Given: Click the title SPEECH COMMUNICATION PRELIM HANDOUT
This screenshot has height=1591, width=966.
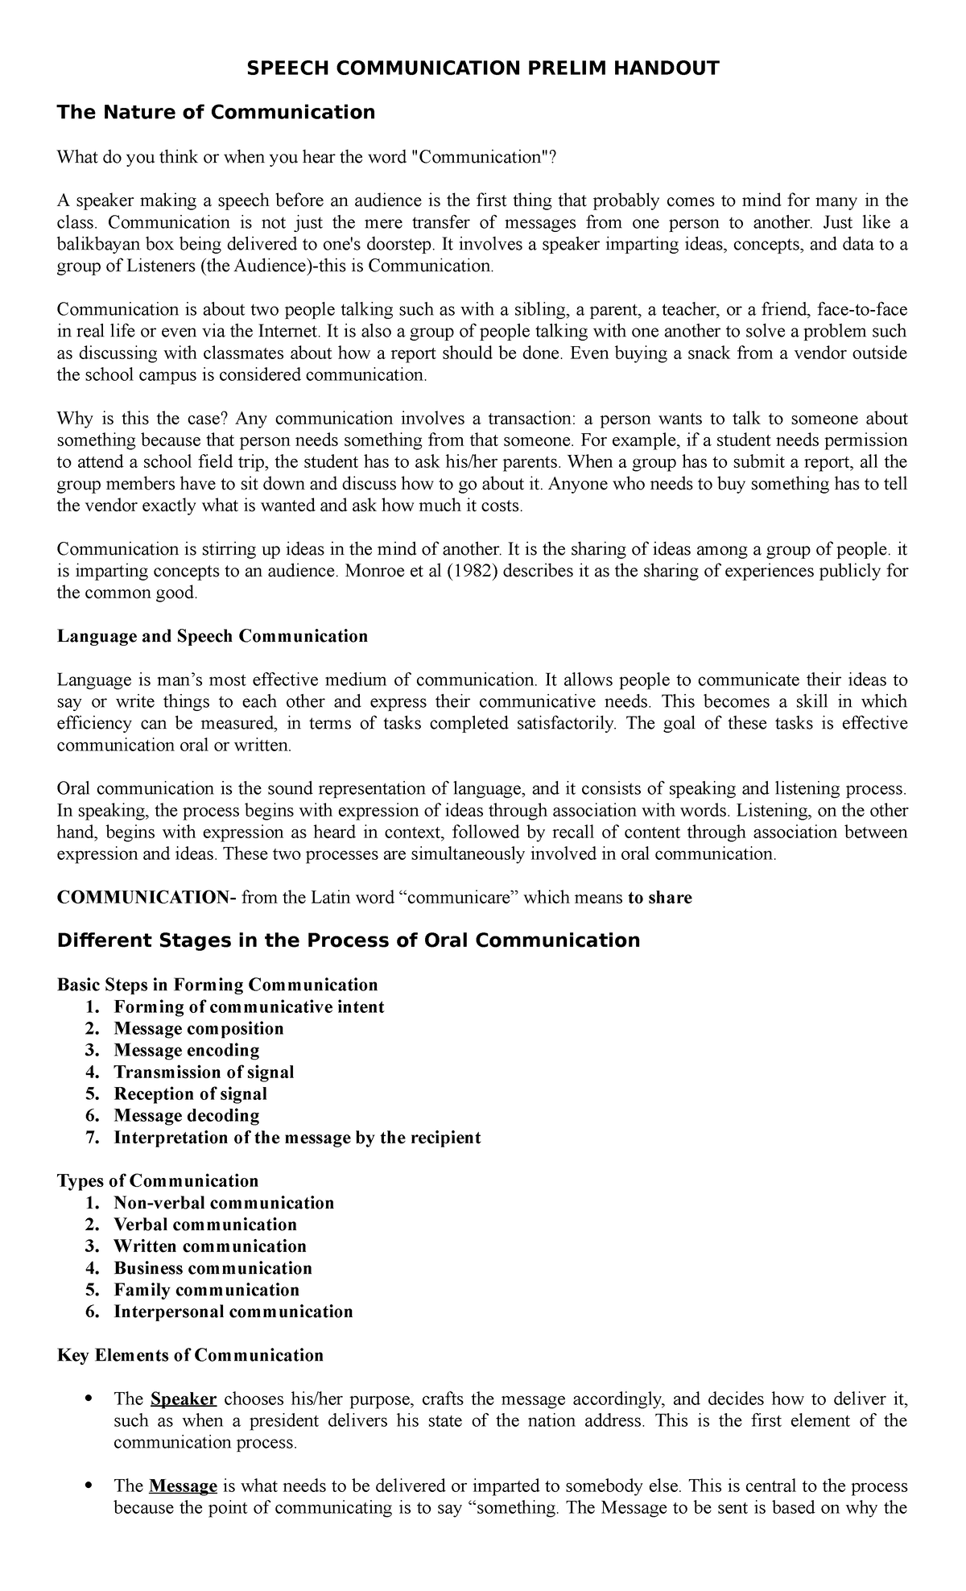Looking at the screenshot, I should click(x=482, y=68).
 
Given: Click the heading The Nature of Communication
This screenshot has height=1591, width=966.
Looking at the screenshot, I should click(x=216, y=112).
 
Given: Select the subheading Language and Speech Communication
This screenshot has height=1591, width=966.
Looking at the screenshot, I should click(x=213, y=636).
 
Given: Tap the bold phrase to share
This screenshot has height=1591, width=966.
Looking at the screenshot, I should click(x=659, y=898).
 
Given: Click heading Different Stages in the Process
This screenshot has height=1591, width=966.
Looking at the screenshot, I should click(x=348, y=940).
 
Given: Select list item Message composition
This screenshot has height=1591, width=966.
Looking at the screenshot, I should click(x=198, y=1028).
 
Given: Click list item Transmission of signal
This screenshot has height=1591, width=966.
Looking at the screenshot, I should click(x=204, y=1072).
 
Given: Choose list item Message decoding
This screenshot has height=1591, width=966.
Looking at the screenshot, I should click(x=186, y=1115).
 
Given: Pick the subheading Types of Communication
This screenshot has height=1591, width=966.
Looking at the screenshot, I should click(x=158, y=1180).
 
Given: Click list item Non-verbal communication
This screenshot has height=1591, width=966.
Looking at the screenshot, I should click(x=223, y=1203).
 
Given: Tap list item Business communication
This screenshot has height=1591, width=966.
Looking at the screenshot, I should click(x=213, y=1268).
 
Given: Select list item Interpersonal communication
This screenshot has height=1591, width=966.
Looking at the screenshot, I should click(x=233, y=1312).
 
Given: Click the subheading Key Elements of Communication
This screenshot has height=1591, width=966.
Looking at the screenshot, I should click(x=190, y=1355).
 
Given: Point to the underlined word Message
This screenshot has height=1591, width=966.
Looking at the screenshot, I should click(x=184, y=1486).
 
